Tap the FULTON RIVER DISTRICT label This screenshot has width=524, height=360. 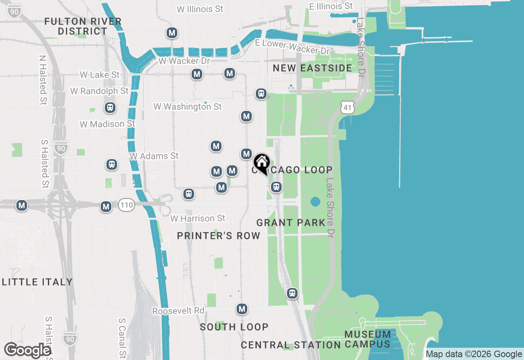click(x=83, y=26)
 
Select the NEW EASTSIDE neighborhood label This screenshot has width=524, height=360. click(x=312, y=68)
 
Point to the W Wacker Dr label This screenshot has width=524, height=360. click(x=184, y=61)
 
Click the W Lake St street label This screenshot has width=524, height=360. click(x=100, y=75)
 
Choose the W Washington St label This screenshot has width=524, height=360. click(x=187, y=107)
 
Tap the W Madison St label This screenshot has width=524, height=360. click(x=107, y=124)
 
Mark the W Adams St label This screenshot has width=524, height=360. click(x=154, y=156)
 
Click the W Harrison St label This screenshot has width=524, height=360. click(x=198, y=218)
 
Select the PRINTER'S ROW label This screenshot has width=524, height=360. click(x=219, y=236)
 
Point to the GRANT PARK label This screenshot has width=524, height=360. click(x=291, y=223)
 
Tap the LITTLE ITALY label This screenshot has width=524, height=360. click(x=37, y=282)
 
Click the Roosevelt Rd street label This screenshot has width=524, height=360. click(x=178, y=311)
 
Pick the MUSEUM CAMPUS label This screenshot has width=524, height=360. click(x=367, y=339)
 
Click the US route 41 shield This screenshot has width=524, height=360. click(x=347, y=108)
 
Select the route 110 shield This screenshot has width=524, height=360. click(x=126, y=205)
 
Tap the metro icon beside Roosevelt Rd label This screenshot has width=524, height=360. click(x=242, y=309)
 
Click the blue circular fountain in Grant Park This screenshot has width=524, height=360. click(x=315, y=202)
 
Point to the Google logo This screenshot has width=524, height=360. click(x=27, y=350)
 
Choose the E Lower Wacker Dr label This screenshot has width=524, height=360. click(x=292, y=47)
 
